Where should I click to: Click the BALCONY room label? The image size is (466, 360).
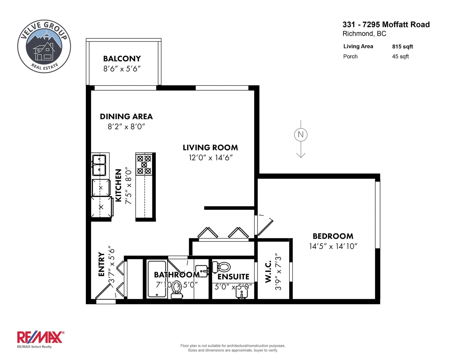point(122,58)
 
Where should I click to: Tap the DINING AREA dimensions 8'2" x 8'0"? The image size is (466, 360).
point(126,126)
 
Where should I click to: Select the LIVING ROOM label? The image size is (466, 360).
point(210,148)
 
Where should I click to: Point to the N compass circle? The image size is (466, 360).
point(301,134)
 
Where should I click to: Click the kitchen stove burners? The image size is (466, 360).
point(144,164)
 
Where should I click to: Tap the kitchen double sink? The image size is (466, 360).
point(99,165)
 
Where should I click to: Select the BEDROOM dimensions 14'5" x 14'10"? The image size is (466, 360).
point(333,246)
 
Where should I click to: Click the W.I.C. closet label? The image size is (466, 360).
point(268,272)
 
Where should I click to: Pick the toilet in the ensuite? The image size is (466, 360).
point(221,267)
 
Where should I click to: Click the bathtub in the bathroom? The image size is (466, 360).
point(157,279)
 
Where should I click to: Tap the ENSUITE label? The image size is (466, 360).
point(233,277)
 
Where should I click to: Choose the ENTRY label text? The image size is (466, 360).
point(101,264)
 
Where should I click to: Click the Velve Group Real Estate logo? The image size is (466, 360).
point(44,46)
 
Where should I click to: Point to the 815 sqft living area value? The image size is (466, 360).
point(403,47)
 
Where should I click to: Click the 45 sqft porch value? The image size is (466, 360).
point(400,56)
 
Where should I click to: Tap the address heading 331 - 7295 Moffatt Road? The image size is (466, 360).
point(386,24)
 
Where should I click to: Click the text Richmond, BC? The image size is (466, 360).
point(364,34)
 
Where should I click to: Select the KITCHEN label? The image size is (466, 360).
point(118,185)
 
